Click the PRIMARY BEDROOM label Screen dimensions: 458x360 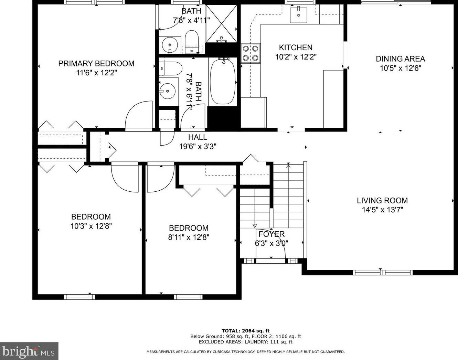(96, 63)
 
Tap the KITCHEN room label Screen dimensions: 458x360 (296, 47)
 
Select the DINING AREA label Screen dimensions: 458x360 (400, 59)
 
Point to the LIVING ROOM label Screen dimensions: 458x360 (382, 200)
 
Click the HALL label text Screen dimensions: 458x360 (198, 137)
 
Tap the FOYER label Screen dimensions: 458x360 (271, 234)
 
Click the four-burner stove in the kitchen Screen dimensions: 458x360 (251, 53)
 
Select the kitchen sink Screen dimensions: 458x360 (298, 15)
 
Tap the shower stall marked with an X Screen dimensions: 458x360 (221, 24)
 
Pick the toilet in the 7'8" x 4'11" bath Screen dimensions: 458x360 (192, 42)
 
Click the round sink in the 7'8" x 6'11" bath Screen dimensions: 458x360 (168, 91)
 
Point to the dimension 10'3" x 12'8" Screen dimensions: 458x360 (91, 226)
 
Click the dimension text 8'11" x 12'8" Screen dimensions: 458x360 (189, 237)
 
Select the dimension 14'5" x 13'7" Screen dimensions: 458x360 (382, 210)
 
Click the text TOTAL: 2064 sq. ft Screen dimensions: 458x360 (246, 331)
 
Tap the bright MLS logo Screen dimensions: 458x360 (29, 351)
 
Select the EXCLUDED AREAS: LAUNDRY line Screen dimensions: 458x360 (246, 342)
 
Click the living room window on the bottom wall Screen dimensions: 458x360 (383, 273)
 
